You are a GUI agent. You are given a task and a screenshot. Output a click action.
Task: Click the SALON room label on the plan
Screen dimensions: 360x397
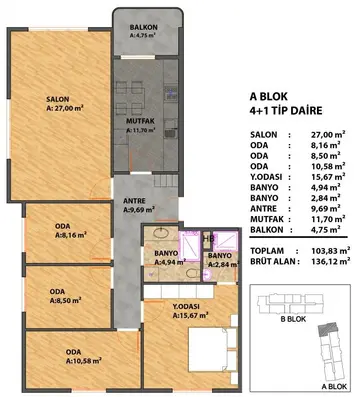[58, 99]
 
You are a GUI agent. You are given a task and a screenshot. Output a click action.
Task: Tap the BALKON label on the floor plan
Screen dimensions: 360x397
[144, 27]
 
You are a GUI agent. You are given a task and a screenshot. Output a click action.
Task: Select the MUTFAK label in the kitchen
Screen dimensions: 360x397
[140, 121]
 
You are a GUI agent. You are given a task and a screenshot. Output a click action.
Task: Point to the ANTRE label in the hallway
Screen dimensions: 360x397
[134, 201]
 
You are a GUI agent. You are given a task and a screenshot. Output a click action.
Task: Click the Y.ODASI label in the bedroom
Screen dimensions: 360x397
[186, 307]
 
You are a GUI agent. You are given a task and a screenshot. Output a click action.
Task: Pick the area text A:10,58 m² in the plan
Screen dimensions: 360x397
[84, 361]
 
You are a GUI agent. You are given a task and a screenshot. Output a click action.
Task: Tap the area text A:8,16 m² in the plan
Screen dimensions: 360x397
[71, 235]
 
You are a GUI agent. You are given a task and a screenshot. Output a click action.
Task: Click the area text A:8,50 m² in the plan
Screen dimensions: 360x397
[66, 300]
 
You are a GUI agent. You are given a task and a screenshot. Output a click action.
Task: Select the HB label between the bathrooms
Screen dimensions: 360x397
[208, 239]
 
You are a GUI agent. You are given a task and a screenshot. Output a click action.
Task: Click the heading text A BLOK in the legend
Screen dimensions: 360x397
[268, 97]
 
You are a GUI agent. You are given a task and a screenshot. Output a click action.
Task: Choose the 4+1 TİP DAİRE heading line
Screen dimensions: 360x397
[286, 110]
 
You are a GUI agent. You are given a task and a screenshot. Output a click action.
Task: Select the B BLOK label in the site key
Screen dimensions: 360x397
[293, 319]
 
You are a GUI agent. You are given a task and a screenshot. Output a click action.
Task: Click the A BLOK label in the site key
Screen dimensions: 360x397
[334, 387]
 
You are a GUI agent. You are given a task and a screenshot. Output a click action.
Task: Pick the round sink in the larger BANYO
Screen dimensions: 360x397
[162, 233]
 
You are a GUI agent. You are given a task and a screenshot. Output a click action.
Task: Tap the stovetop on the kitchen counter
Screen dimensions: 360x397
[171, 92]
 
